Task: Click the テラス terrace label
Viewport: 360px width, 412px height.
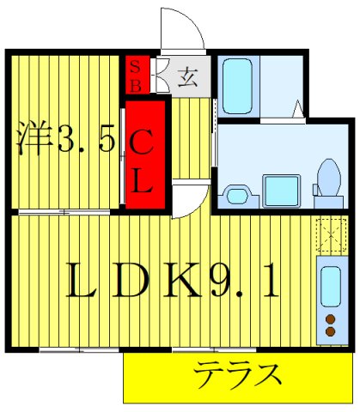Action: (238, 375)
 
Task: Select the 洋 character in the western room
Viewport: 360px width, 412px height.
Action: (35, 138)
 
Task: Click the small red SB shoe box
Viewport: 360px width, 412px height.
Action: (134, 76)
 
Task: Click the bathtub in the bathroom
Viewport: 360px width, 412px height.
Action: (236, 81)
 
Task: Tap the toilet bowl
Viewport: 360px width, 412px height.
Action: (326, 178)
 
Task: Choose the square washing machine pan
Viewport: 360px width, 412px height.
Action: (280, 189)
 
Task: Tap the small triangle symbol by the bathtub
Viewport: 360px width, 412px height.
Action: (298, 109)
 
